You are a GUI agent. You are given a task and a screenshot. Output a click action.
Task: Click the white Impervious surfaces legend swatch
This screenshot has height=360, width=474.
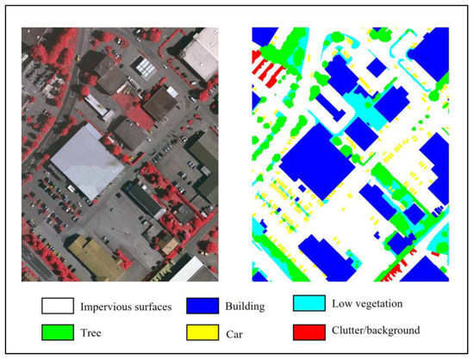click(x=53, y=305)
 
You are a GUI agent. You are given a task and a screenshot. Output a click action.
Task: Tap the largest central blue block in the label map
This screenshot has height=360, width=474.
click(x=315, y=160)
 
